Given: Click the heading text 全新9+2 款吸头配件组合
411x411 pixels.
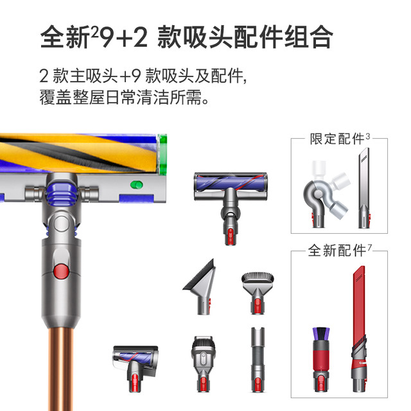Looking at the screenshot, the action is [x=187, y=37].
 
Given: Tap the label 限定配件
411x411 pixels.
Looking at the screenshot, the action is [x=337, y=139].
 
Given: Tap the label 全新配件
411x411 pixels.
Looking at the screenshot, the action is [x=337, y=250].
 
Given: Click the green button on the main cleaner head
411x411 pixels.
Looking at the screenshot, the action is [x=137, y=185].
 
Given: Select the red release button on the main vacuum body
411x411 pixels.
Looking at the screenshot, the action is [x=62, y=271].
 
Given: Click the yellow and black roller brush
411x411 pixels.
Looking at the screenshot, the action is [x=78, y=153].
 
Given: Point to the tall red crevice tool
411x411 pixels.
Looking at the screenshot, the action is [x=359, y=329].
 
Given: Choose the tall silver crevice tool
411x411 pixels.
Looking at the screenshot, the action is [x=364, y=188].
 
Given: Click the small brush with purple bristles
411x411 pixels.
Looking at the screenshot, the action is [x=321, y=360].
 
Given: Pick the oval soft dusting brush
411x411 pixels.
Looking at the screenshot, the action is [x=258, y=293].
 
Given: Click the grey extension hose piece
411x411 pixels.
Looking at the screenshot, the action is [x=258, y=360].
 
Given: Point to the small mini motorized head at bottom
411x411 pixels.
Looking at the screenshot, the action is [x=136, y=367].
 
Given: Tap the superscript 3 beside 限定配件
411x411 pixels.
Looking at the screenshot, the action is [x=368, y=136].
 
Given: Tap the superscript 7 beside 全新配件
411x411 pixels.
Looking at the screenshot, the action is [x=369, y=247].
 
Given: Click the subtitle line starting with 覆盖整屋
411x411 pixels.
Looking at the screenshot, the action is [x=124, y=97].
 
